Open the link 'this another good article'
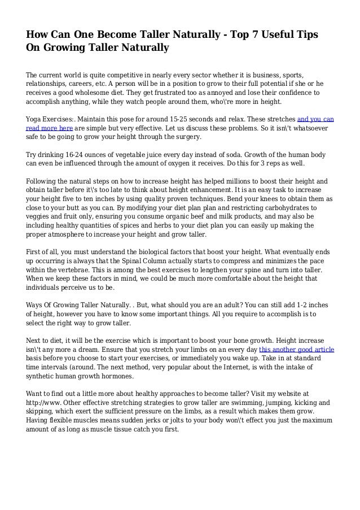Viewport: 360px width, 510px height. tap(296, 350)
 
